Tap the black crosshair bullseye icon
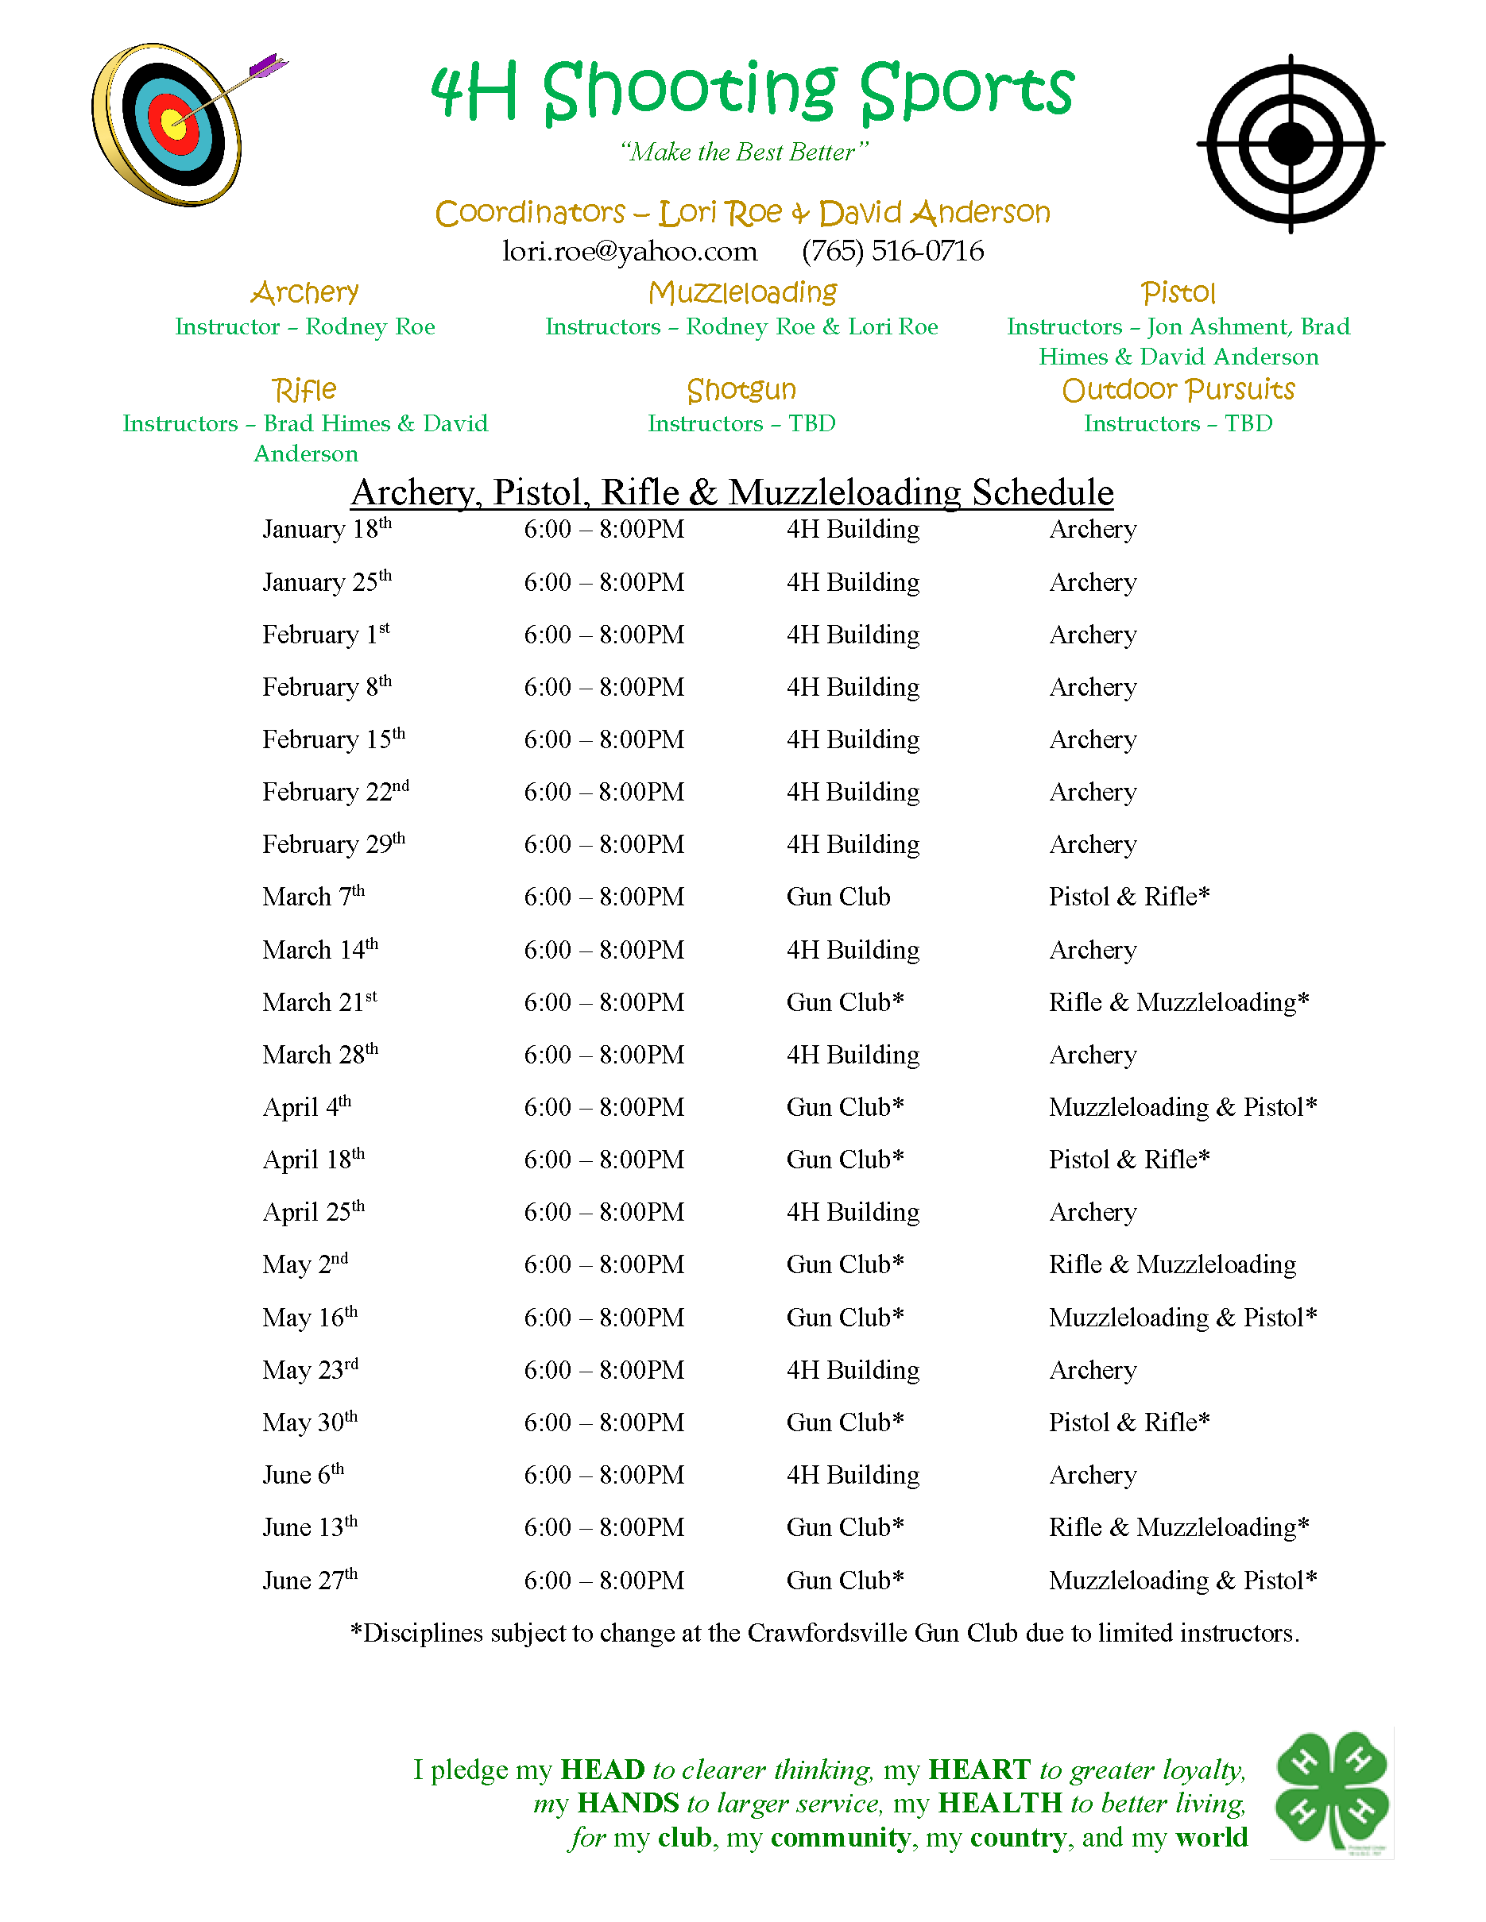[1291, 144]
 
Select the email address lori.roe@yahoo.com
[629, 252]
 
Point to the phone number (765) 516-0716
[892, 252]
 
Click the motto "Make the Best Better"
[744, 152]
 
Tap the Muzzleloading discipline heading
[742, 292]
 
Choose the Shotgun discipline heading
[741, 389]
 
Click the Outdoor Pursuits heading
[1178, 389]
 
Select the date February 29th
[334, 844]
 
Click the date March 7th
[312, 897]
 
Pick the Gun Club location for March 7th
[838, 897]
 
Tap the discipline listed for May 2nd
[1172, 1264]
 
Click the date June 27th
[310, 1580]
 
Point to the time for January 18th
[604, 530]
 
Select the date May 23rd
[310, 1370]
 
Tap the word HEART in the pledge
[979, 1769]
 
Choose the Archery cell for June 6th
[1093, 1475]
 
